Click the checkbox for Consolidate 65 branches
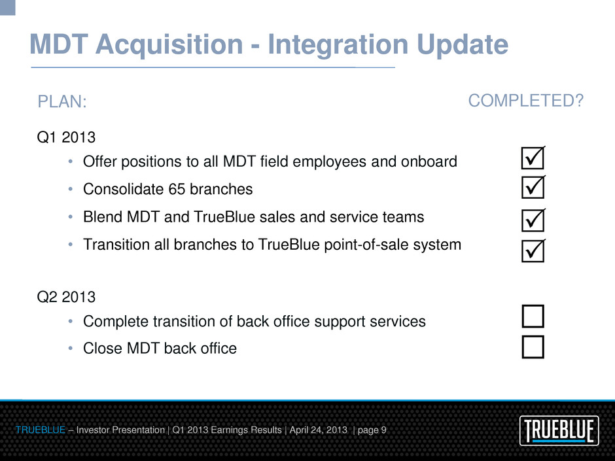tap(533, 187)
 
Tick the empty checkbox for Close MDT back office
tap(533, 347)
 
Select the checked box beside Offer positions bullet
tap(533, 158)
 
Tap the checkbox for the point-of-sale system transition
tap(533, 250)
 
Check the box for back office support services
tap(533, 316)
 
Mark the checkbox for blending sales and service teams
tap(533, 220)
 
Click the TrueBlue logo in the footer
tap(559, 430)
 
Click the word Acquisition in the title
tap(169, 44)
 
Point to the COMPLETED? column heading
tap(526, 101)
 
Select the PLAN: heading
tap(62, 101)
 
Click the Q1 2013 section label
tap(66, 137)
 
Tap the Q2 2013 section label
tap(66, 297)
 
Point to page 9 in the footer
tap(372, 430)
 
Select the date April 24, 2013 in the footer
tap(319, 430)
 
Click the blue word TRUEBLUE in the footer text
tap(41, 430)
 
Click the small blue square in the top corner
tap(7, 7)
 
